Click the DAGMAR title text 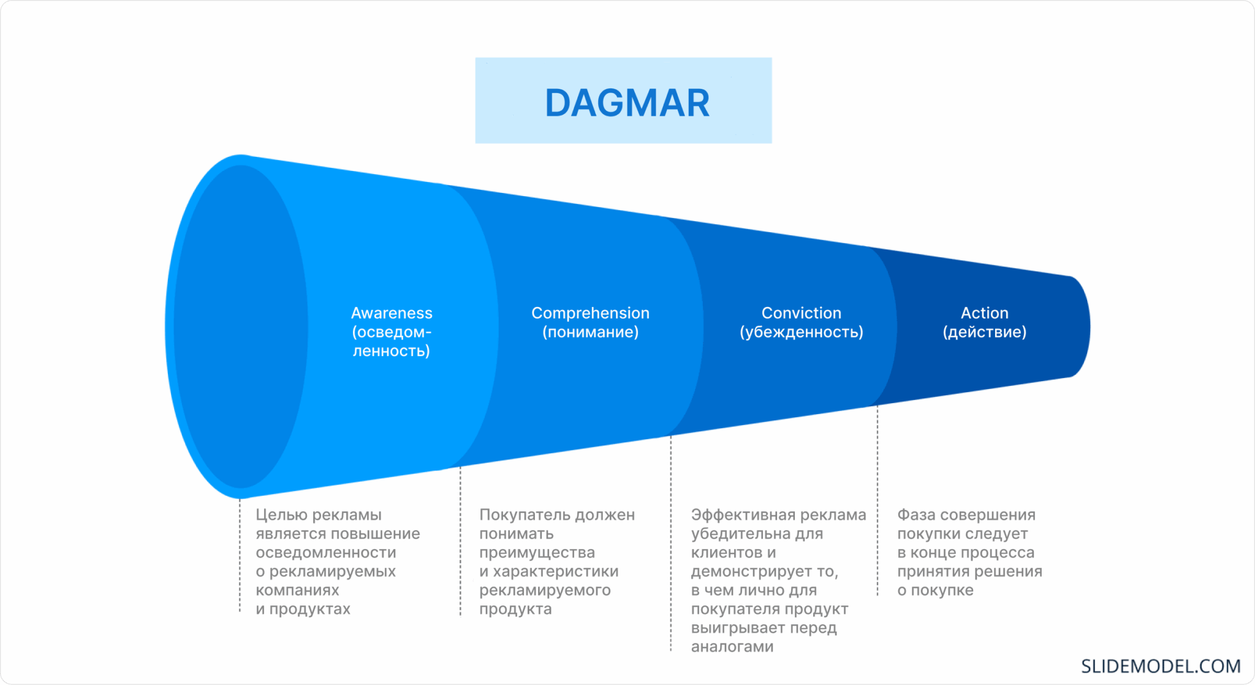point(627,103)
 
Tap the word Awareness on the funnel point(392,313)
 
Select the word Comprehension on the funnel point(590,313)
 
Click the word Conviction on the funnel point(801,313)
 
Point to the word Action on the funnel point(984,313)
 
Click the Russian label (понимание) point(590,332)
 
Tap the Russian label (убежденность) point(801,332)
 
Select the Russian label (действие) point(984,332)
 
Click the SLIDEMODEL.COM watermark point(1161,666)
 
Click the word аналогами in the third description point(732,646)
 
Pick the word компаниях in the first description point(297,590)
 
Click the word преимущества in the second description point(537,553)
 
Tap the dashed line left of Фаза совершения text point(878,500)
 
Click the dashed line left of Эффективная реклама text point(671,543)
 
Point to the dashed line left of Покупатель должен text point(460,541)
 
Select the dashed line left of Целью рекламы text point(240,555)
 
